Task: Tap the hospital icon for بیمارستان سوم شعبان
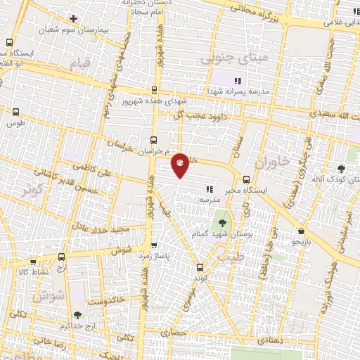pos(73,18)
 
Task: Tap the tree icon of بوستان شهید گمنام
pos(222,223)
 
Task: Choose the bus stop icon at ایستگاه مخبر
pos(246,179)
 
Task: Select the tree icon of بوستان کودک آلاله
pos(341,168)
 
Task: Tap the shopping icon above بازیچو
pos(301,231)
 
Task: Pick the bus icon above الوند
pos(200,267)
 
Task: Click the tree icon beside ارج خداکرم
pos(77,316)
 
